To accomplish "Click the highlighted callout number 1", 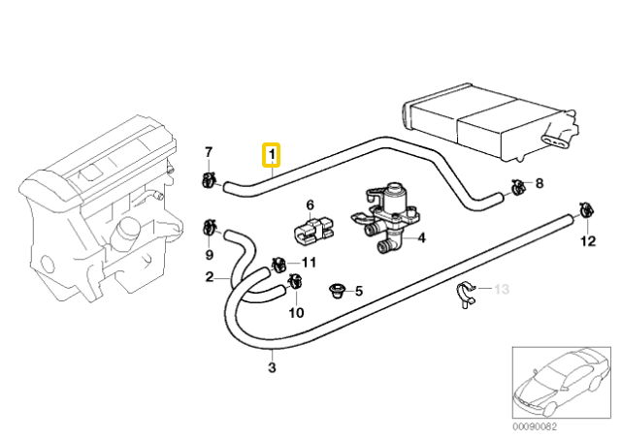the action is coord(272,155).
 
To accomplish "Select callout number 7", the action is coord(209,152).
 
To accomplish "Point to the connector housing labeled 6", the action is coord(313,231).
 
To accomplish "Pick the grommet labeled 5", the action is coord(337,291).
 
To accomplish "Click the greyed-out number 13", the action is coord(501,289).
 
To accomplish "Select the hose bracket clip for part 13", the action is coord(464,295).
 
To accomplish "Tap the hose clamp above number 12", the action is coord(585,209).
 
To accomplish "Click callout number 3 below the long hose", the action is coord(272,367).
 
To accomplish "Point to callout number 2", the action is coord(210,277).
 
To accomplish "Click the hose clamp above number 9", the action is coord(209,228).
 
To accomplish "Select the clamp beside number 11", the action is coord(278,264).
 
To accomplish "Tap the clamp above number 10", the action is coord(294,281).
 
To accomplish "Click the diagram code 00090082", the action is coord(535,426).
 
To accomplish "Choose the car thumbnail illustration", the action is coord(561,383).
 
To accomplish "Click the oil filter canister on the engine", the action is coord(124,231).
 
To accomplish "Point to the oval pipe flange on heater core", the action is coord(556,141).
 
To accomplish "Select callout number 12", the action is coord(588,241).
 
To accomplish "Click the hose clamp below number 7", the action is coord(209,180).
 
